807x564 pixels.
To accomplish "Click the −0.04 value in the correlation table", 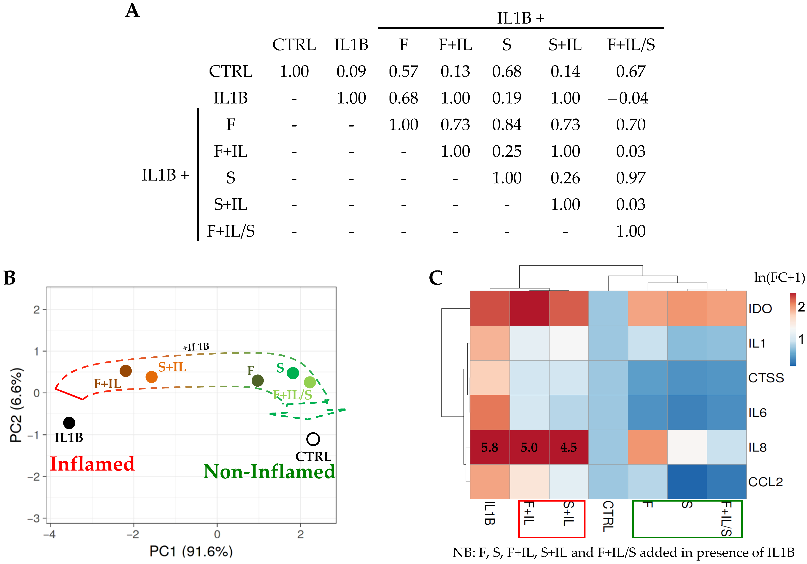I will pos(628,98).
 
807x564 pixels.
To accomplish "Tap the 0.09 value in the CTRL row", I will pos(351,72).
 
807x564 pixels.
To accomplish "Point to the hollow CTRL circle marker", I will pos(313,439).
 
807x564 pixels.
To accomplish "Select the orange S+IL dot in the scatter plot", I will pos(151,377).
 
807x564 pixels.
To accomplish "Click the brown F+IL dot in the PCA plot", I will pos(125,371).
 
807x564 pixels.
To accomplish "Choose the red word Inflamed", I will pos(92,464).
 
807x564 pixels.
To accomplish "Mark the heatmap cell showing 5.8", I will pos(490,447).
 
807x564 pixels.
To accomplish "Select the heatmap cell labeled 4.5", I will pos(568,447).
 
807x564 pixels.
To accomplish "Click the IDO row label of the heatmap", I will pos(760,309).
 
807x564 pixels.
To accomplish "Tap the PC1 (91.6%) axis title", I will pos(191,551).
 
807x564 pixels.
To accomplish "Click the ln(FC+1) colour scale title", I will pos(779,278).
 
